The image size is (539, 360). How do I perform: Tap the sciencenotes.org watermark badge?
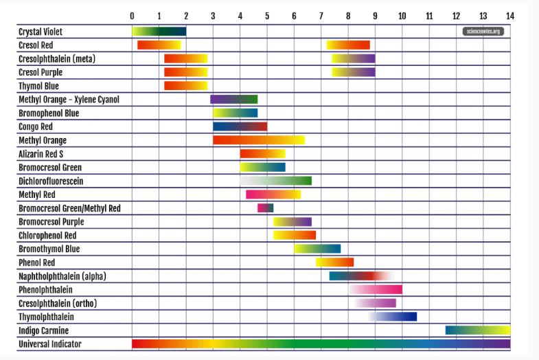[483, 31]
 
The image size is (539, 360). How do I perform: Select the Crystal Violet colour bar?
[159, 32]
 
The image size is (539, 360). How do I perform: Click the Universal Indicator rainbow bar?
[321, 344]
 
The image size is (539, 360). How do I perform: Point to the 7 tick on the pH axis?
[321, 15]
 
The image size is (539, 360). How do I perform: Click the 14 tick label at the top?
[509, 15]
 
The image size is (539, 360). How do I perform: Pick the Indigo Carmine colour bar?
[477, 330]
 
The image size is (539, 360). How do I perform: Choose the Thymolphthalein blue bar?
[393, 317]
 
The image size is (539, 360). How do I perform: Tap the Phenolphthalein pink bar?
[376, 290]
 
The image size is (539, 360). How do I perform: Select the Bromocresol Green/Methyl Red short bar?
[265, 208]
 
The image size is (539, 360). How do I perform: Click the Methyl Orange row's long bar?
[258, 140]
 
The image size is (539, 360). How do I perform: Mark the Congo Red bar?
[240, 126]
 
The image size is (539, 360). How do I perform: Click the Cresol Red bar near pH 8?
[348, 45]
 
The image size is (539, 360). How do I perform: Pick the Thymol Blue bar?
[185, 86]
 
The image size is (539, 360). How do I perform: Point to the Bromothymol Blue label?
[49, 249]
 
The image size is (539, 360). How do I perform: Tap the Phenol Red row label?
[36, 262]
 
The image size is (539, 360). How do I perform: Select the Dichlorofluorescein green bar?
[276, 181]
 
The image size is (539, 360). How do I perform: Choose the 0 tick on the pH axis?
[132, 15]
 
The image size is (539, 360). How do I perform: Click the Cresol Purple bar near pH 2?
[185, 72]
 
